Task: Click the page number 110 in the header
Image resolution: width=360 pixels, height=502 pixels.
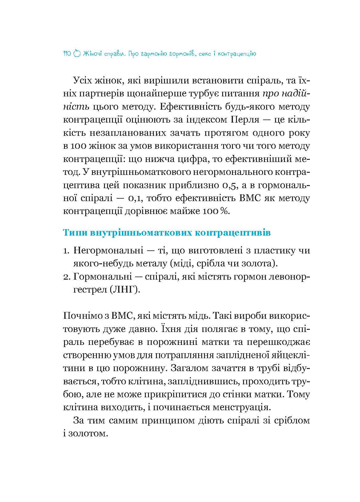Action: [67, 54]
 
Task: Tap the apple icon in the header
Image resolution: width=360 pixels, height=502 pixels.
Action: [77, 54]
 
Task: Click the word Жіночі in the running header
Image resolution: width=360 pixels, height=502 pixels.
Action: [93, 54]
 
